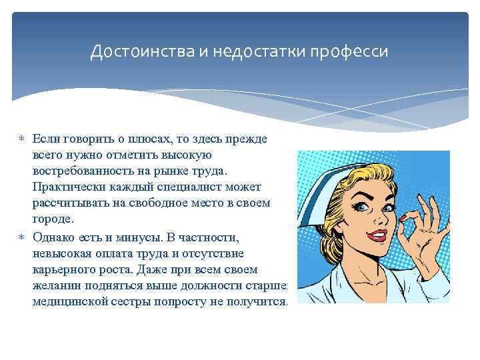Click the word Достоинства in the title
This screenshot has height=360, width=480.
pyautogui.click(x=136, y=51)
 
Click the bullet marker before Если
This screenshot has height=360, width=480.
pyautogui.click(x=21, y=139)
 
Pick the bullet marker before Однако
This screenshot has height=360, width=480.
pyautogui.click(x=21, y=238)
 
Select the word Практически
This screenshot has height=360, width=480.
pyautogui.click(x=66, y=187)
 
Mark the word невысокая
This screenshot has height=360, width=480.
pyautogui.click(x=63, y=254)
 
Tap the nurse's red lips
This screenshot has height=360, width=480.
pyautogui.click(x=376, y=235)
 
